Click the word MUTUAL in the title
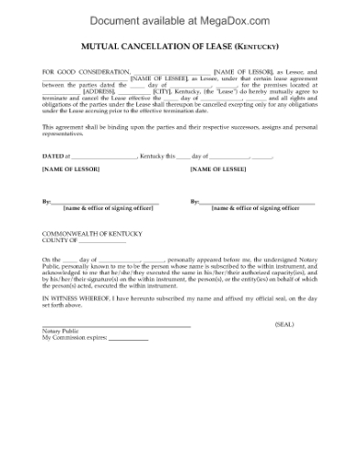pyautogui.click(x=100, y=45)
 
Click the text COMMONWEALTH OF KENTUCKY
pyautogui.click(x=93, y=234)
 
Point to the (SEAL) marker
pyautogui.click(x=285, y=323)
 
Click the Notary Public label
pyautogui.click(x=61, y=331)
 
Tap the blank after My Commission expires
pyautogui.click(x=127, y=339)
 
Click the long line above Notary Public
pyautogui.click(x=116, y=325)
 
